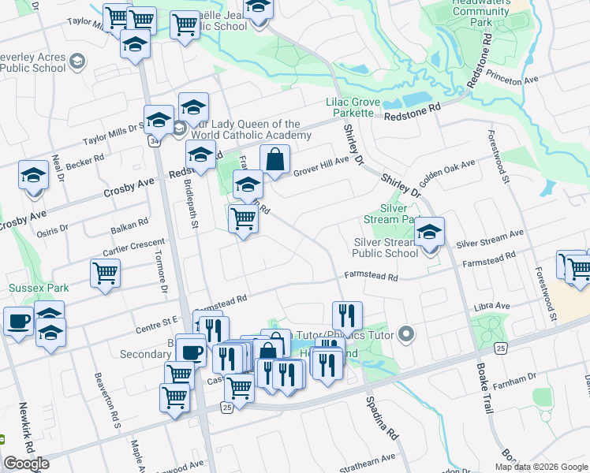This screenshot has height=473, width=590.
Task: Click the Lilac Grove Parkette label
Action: [x=353, y=108]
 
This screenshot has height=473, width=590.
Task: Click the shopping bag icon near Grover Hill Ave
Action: [x=274, y=160]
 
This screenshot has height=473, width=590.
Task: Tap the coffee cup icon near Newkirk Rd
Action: [x=18, y=321]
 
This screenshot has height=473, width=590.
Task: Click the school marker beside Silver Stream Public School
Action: [x=429, y=232]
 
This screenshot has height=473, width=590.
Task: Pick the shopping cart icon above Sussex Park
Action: [x=105, y=274]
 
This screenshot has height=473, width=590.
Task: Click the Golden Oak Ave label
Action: [x=447, y=173]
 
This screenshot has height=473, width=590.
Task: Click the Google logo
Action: [x=26, y=463]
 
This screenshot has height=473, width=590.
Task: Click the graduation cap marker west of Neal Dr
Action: [x=33, y=177]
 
